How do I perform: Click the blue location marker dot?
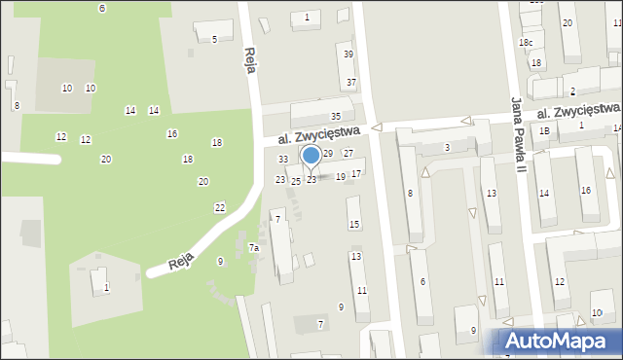click(x=311, y=156)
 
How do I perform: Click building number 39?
click(x=348, y=54)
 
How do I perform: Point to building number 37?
click(x=351, y=83)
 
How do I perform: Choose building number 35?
click(x=336, y=117)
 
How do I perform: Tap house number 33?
click(x=283, y=160)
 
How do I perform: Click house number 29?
click(x=328, y=154)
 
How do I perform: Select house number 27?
click(x=348, y=154)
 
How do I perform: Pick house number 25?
click(x=296, y=182)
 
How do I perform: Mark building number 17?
click(x=356, y=174)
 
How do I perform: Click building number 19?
click(x=341, y=177)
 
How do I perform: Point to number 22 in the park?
click(x=220, y=208)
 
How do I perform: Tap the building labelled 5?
click(x=214, y=39)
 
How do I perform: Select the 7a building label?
click(x=253, y=248)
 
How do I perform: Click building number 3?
click(x=447, y=147)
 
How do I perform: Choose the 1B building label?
click(x=545, y=131)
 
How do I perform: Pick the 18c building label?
click(x=526, y=43)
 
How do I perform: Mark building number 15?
click(x=354, y=225)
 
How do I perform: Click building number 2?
click(x=572, y=91)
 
